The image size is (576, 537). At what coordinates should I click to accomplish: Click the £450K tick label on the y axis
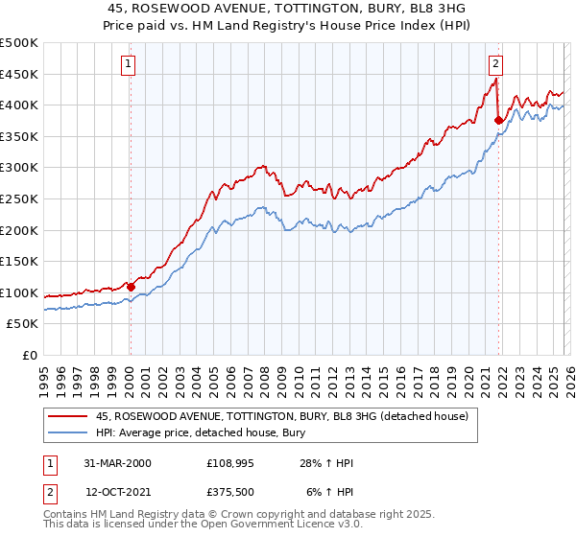coord(19,74)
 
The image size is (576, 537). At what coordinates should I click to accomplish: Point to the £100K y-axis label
coord(19,293)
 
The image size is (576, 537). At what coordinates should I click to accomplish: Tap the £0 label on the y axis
coord(30,356)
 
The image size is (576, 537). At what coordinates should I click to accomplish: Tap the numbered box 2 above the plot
coord(495,64)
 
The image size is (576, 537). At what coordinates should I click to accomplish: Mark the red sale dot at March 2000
coord(131,287)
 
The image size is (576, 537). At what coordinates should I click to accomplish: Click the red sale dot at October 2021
coord(497,120)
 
